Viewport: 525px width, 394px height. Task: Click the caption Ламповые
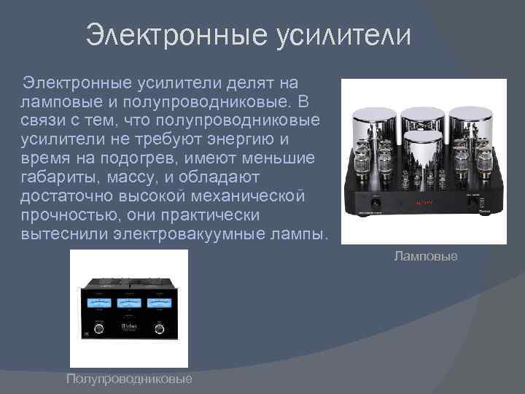coord(426,256)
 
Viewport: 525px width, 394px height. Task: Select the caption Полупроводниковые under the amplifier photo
coord(129,378)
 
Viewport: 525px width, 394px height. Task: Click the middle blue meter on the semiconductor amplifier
coord(128,304)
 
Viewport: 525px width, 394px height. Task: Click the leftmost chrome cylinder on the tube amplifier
coord(373,128)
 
